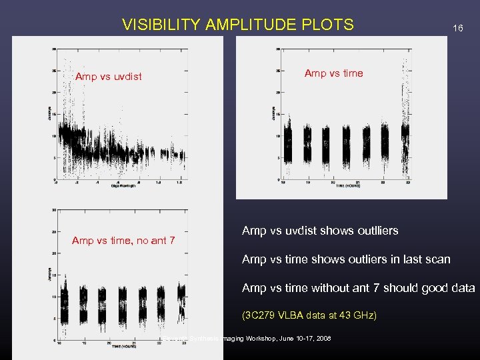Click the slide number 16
click(x=457, y=28)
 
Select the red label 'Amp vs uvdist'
click(x=108, y=77)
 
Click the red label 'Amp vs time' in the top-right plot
click(x=333, y=73)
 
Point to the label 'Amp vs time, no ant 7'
click(x=123, y=240)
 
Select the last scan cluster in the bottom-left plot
click(x=181, y=300)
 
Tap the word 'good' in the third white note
click(x=425, y=288)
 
